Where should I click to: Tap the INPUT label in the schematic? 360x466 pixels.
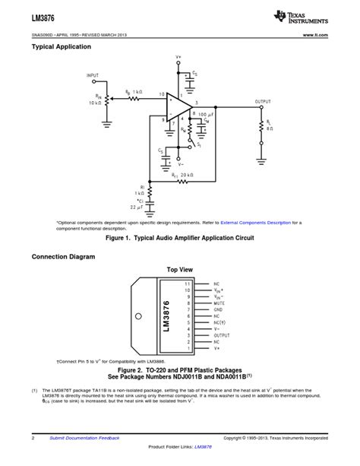tap(93, 76)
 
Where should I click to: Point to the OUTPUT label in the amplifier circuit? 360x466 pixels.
tap(263, 101)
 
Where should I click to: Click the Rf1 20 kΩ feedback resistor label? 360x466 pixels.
tap(182, 175)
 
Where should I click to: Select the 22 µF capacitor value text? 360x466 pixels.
tap(137, 207)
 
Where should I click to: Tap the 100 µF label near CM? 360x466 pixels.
tap(207, 113)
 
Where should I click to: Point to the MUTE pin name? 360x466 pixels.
tap(220, 303)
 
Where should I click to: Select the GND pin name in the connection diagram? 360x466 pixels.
tap(219, 310)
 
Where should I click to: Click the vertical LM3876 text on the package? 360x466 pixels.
tap(166, 315)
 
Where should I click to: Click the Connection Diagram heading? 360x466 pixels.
tap(63, 257)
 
